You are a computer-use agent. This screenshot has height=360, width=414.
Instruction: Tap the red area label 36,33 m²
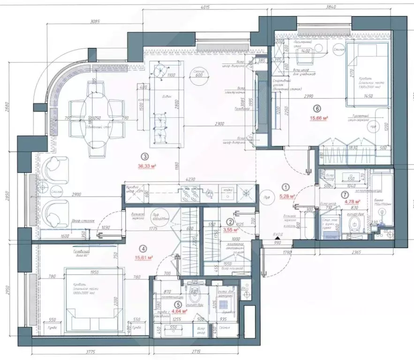(146, 165)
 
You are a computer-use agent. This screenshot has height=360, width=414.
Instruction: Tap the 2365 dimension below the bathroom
(357, 255)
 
